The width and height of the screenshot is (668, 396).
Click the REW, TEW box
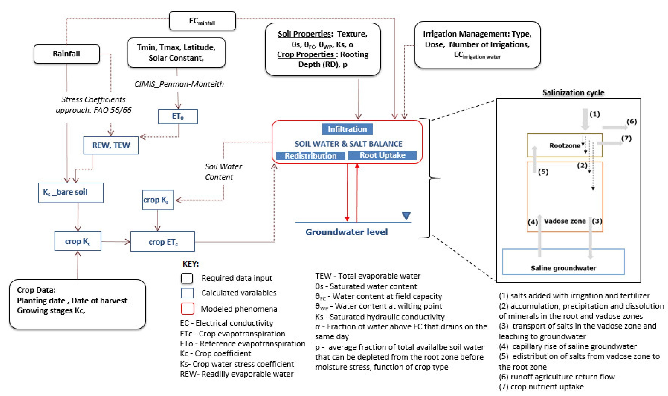click(111, 145)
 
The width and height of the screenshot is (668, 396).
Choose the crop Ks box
click(158, 200)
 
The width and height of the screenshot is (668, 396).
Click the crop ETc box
click(163, 242)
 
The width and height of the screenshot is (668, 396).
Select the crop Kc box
click(78, 242)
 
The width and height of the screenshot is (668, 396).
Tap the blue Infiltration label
click(347, 129)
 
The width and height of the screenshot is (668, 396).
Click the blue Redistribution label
click(310, 156)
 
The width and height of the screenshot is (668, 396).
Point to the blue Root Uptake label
click(382, 155)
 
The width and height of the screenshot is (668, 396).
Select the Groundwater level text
click(346, 232)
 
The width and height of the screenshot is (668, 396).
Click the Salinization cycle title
click(573, 93)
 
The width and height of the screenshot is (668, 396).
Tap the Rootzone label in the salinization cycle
click(565, 146)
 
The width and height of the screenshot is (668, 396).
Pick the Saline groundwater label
click(563, 268)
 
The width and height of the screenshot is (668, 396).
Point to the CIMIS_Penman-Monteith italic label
click(179, 84)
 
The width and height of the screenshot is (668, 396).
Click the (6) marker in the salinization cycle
click(632, 122)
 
